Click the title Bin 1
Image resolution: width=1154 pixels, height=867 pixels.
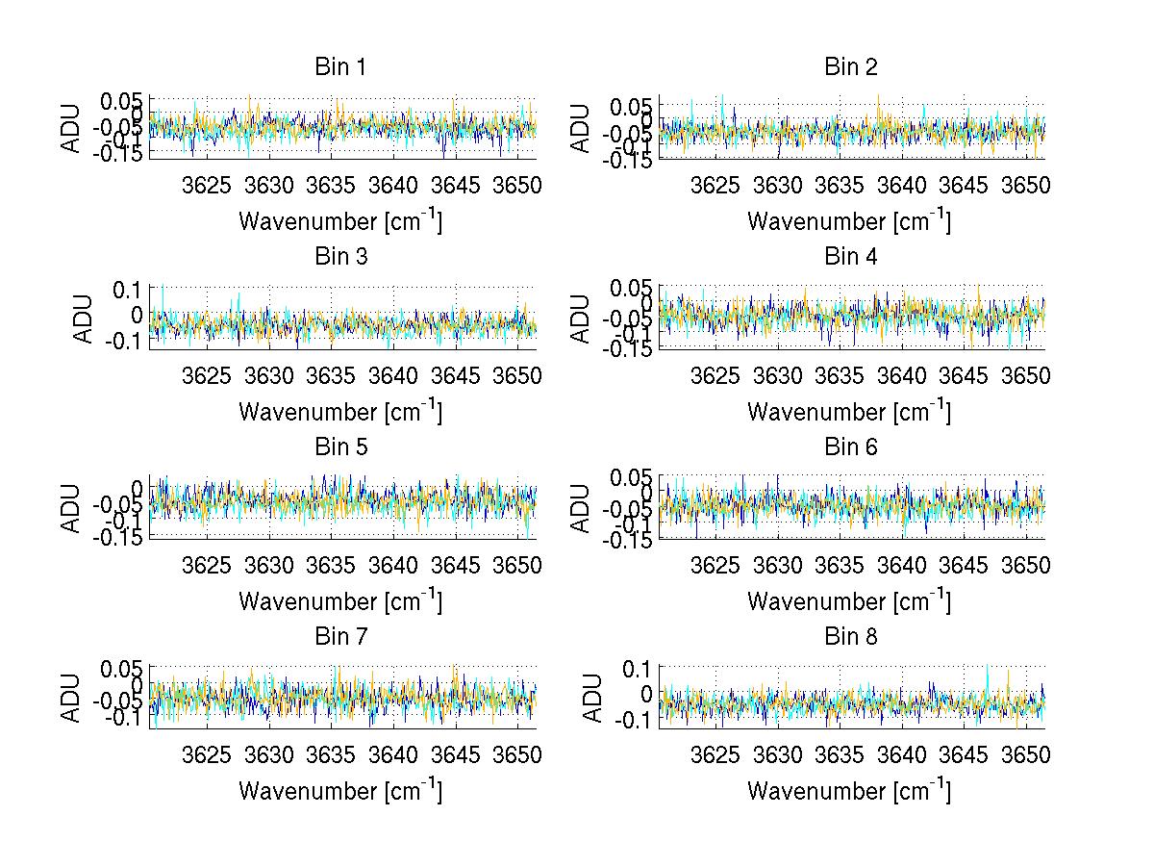340,67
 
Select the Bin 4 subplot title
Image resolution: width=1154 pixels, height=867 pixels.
850,257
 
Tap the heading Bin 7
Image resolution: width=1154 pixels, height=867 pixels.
340,637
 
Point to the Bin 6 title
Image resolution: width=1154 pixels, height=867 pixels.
850,447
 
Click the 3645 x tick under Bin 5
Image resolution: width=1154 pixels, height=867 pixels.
456,564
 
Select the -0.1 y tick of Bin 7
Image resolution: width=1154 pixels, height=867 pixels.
122,718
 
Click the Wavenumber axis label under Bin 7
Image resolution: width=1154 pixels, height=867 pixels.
340,792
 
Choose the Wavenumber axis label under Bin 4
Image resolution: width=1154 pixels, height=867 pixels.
849,412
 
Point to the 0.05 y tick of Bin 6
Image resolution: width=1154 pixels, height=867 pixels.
631,478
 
